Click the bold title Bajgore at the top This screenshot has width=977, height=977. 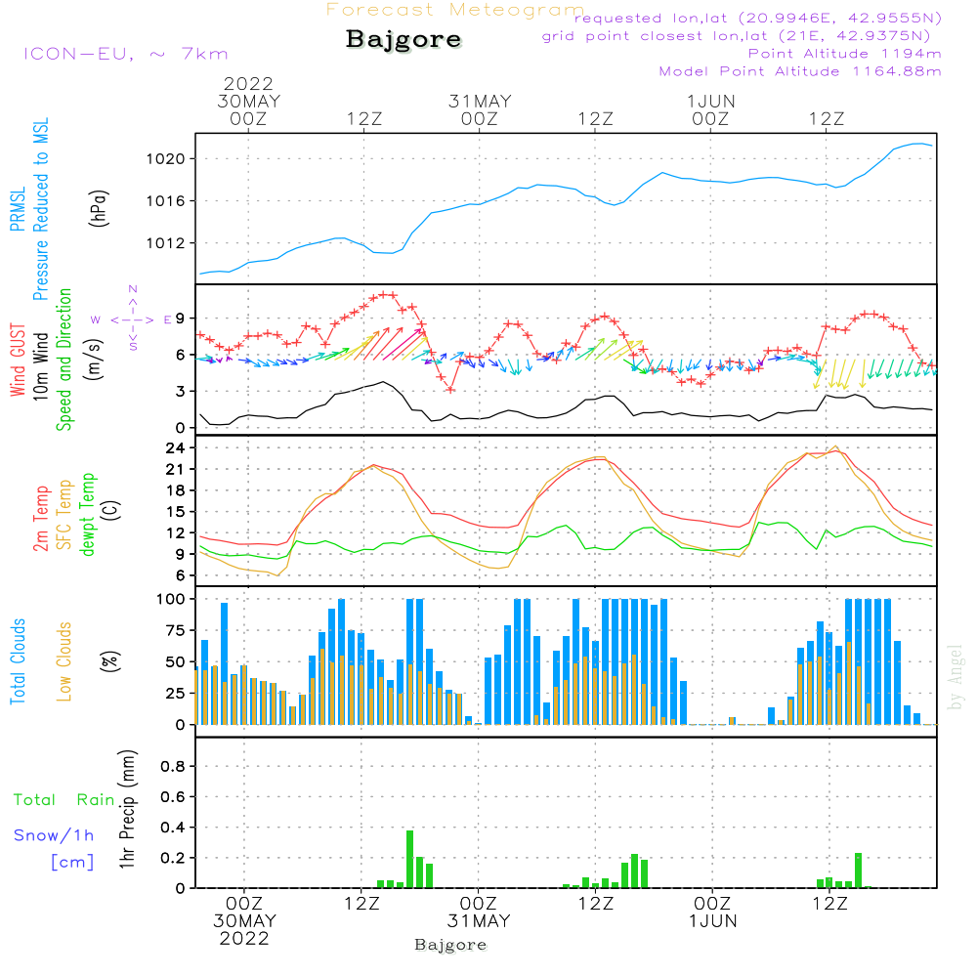coord(404,40)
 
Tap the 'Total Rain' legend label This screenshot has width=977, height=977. coord(64,799)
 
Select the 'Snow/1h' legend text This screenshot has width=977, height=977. coord(55,834)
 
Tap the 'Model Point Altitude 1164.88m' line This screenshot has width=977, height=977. coord(800,71)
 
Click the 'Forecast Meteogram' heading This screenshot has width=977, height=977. coord(455,10)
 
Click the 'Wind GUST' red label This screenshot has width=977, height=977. coord(19,360)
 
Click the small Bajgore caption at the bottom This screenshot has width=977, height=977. coord(450,945)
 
